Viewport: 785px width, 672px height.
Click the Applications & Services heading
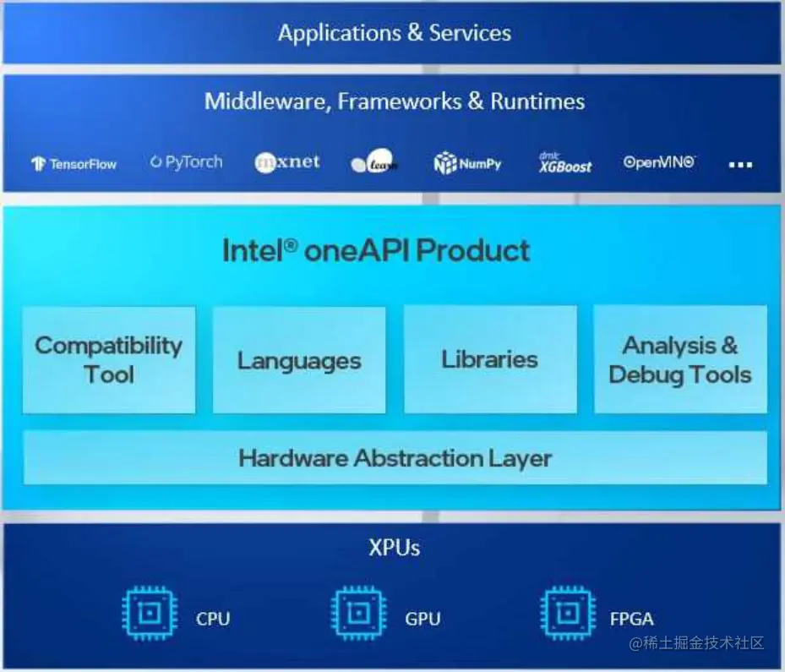394,34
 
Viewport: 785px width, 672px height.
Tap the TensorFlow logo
74,164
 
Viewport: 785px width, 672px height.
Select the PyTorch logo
186,161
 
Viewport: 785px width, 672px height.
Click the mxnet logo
287,161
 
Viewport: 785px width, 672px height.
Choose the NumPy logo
467,163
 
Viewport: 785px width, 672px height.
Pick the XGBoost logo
565,163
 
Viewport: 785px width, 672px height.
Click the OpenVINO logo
659,162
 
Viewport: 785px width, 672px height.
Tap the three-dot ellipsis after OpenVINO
740,165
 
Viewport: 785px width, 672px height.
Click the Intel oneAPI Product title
376,251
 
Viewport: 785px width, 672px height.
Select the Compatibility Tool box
108,360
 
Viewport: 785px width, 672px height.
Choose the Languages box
299,360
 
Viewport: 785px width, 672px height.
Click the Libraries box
490,360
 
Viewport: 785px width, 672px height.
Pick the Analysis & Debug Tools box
680,360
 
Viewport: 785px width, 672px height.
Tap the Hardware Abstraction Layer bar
395,458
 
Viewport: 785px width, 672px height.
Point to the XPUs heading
394,548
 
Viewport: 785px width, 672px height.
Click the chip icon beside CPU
149,614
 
